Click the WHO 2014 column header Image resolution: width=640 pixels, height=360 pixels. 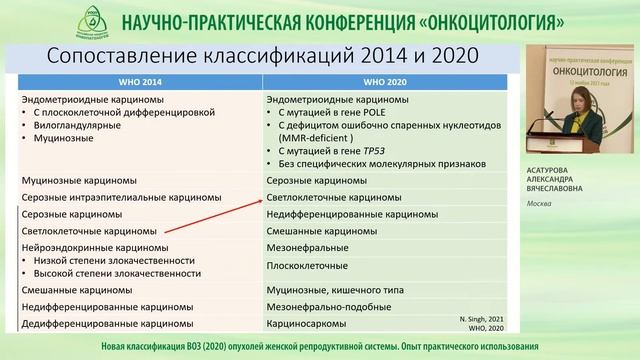[x=138, y=81]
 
